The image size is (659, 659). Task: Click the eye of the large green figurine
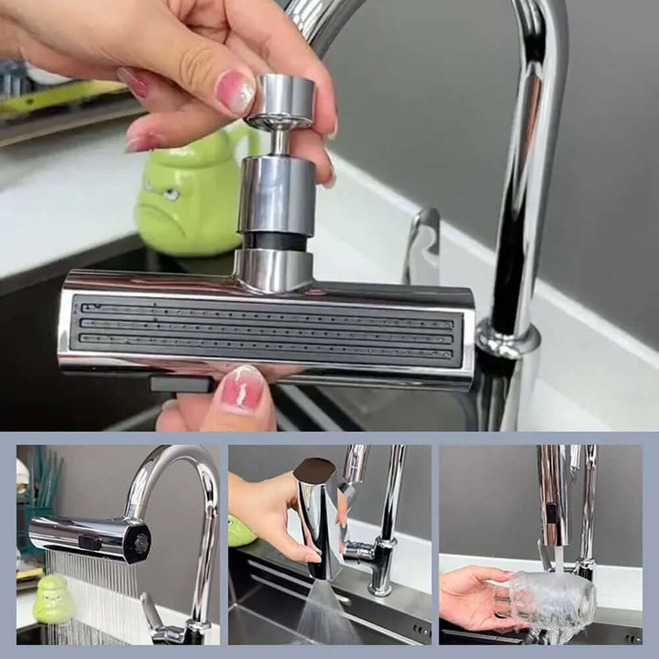pyautogui.click(x=170, y=194)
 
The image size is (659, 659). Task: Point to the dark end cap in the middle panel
pyautogui.click(x=314, y=469)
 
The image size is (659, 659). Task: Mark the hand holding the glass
pyautogui.click(x=471, y=596)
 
